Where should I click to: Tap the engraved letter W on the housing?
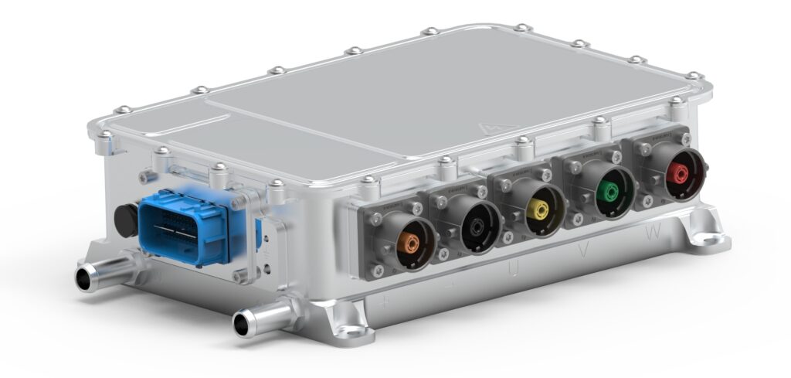(654, 231)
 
